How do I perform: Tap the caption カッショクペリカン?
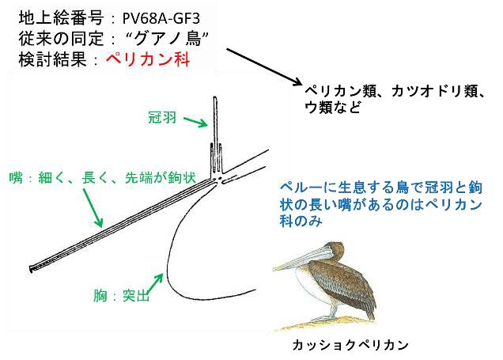coord(350,345)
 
